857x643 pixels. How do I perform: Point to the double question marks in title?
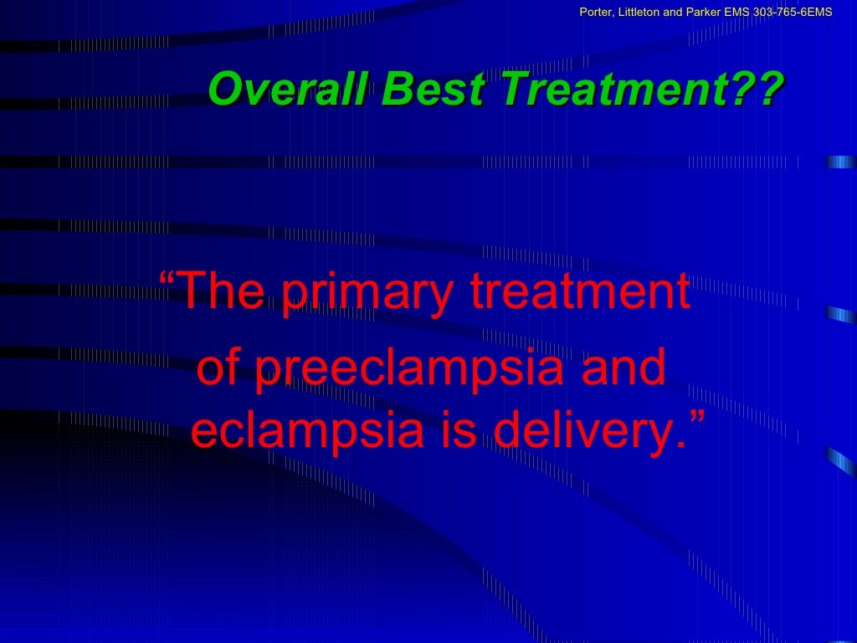click(762, 90)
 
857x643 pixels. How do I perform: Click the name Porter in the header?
click(595, 11)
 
